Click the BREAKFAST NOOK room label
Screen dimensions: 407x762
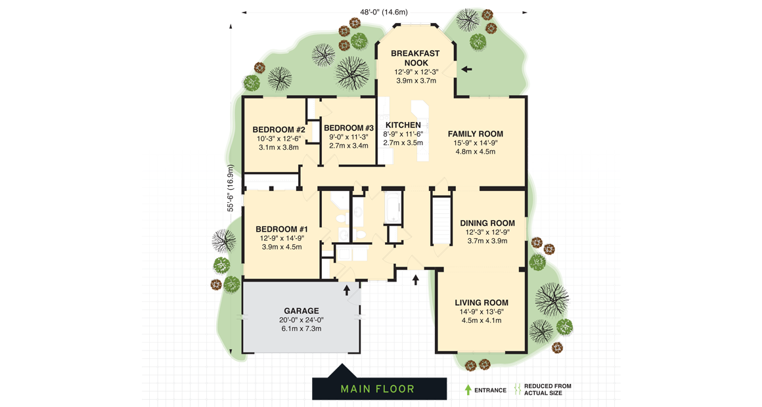415,58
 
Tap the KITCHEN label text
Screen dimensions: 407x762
403,125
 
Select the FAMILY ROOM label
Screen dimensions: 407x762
475,134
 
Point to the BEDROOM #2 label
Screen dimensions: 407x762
279,130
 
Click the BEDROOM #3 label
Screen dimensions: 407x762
348,128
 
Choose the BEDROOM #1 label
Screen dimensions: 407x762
281,229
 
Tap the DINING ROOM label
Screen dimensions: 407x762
487,223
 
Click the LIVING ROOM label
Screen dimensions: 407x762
482,303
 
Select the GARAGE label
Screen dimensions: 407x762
302,311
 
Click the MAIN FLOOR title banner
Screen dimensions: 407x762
378,389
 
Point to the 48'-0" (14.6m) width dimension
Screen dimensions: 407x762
384,12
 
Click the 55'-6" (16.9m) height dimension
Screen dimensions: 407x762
231,188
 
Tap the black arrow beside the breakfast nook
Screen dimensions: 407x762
466,69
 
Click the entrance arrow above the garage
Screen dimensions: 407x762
347,289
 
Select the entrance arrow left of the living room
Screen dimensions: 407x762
416,280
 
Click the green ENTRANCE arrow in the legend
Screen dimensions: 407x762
468,390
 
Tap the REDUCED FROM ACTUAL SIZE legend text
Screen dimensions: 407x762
547,390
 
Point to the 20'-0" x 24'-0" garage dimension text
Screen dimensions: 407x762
302,320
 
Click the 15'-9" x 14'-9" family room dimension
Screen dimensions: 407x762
475,142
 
